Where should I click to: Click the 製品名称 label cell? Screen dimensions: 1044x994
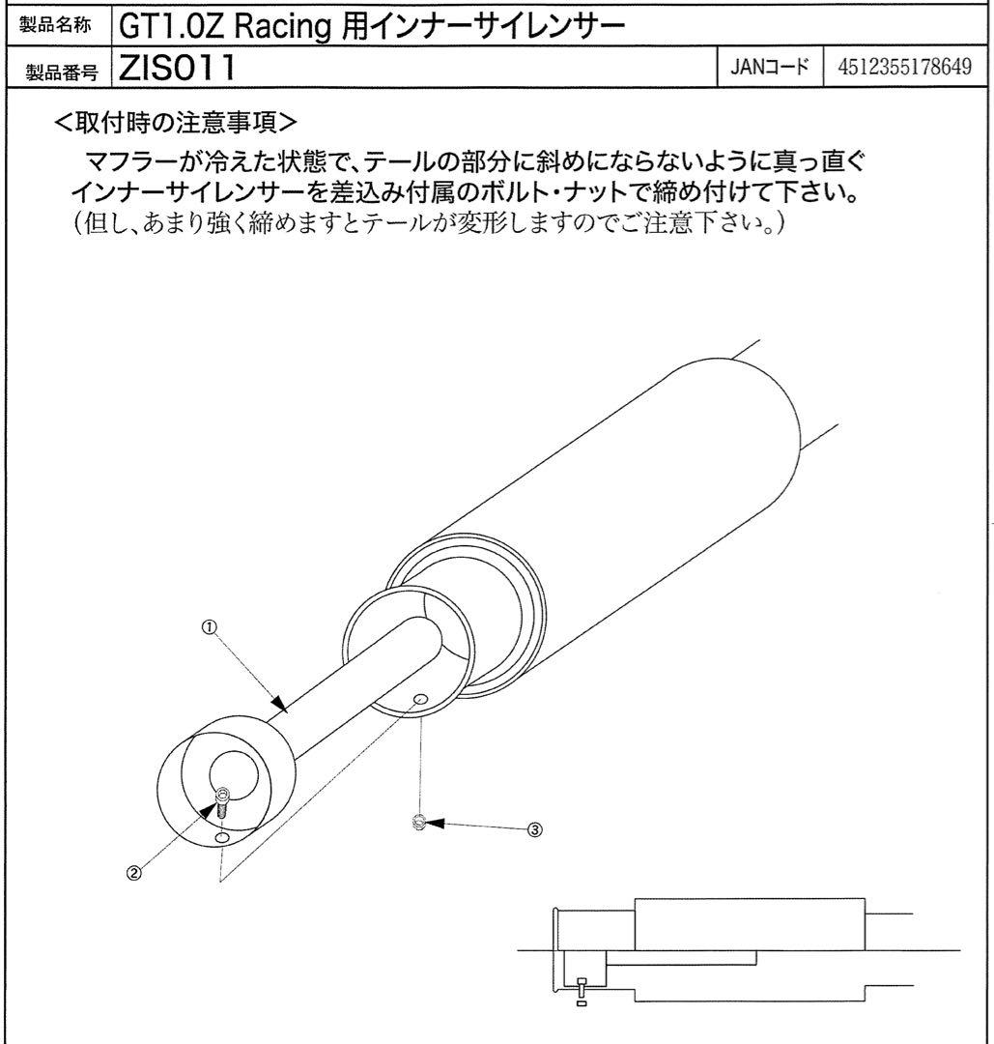[56, 23]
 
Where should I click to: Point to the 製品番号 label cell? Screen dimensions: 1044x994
[56, 69]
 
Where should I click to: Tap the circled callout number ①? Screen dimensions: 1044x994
[208, 625]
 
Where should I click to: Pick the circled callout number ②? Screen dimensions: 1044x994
[134, 871]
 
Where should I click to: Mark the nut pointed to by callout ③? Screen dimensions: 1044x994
[418, 822]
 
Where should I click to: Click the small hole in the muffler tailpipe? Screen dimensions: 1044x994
[418, 698]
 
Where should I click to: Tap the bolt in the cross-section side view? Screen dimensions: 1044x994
[581, 988]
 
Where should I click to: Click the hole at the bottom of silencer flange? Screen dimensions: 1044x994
[223, 838]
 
